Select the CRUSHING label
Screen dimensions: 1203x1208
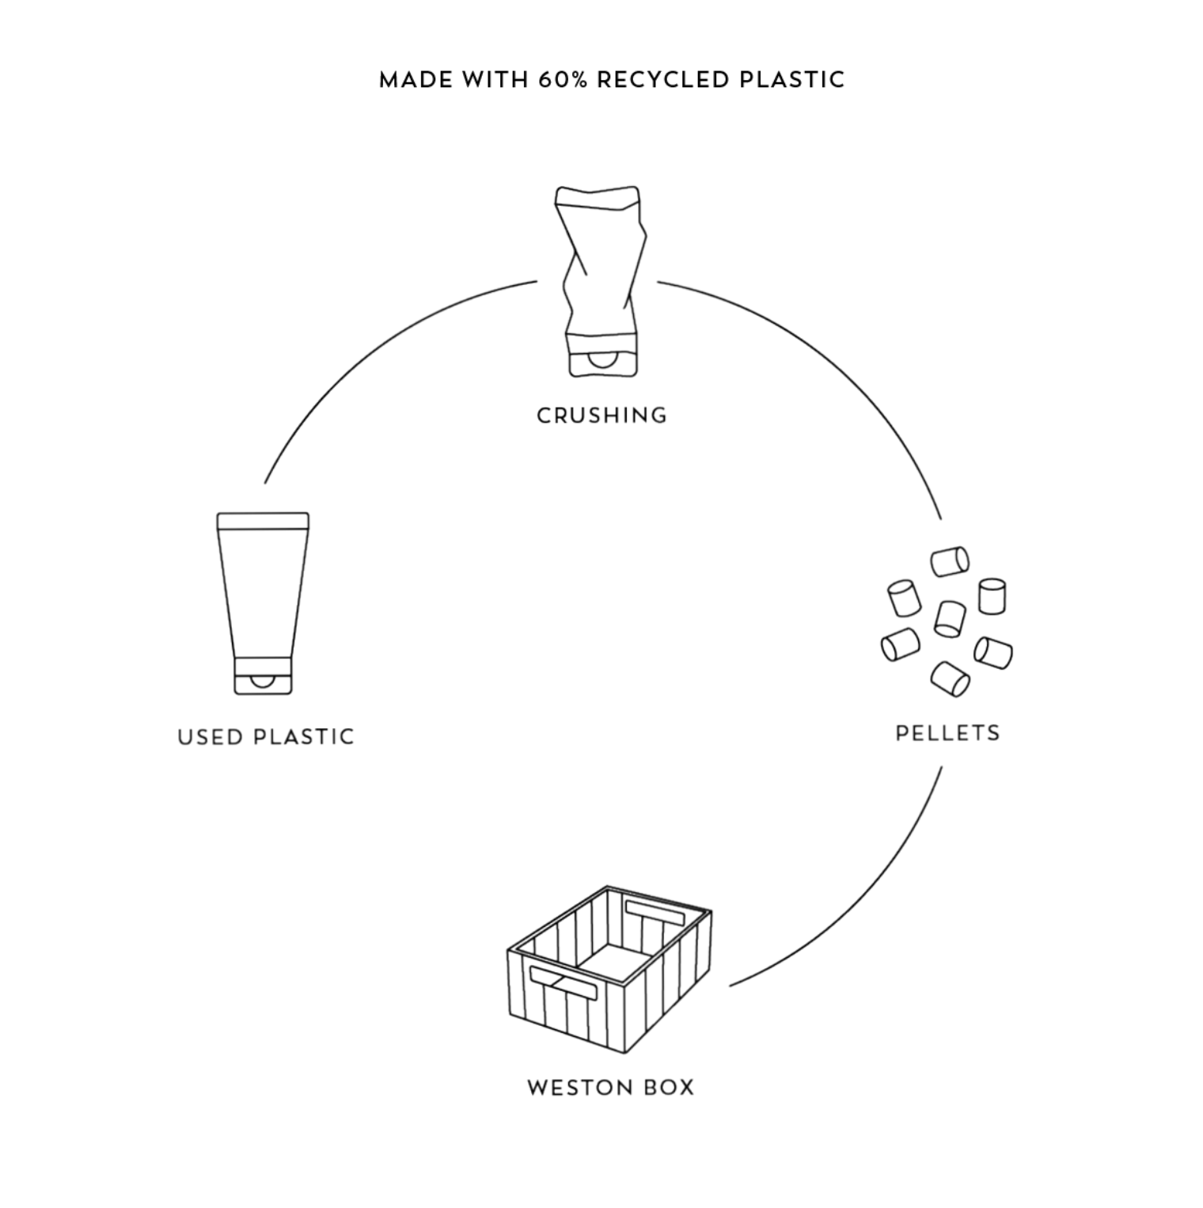point(601,416)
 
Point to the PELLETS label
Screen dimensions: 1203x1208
point(947,733)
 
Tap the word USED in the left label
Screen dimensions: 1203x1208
point(210,737)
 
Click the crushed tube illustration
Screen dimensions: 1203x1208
point(601,281)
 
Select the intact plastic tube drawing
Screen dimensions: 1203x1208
point(263,603)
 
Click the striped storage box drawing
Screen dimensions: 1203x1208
point(609,969)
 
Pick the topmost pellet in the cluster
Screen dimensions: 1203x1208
point(950,561)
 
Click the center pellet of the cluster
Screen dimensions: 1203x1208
point(950,618)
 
